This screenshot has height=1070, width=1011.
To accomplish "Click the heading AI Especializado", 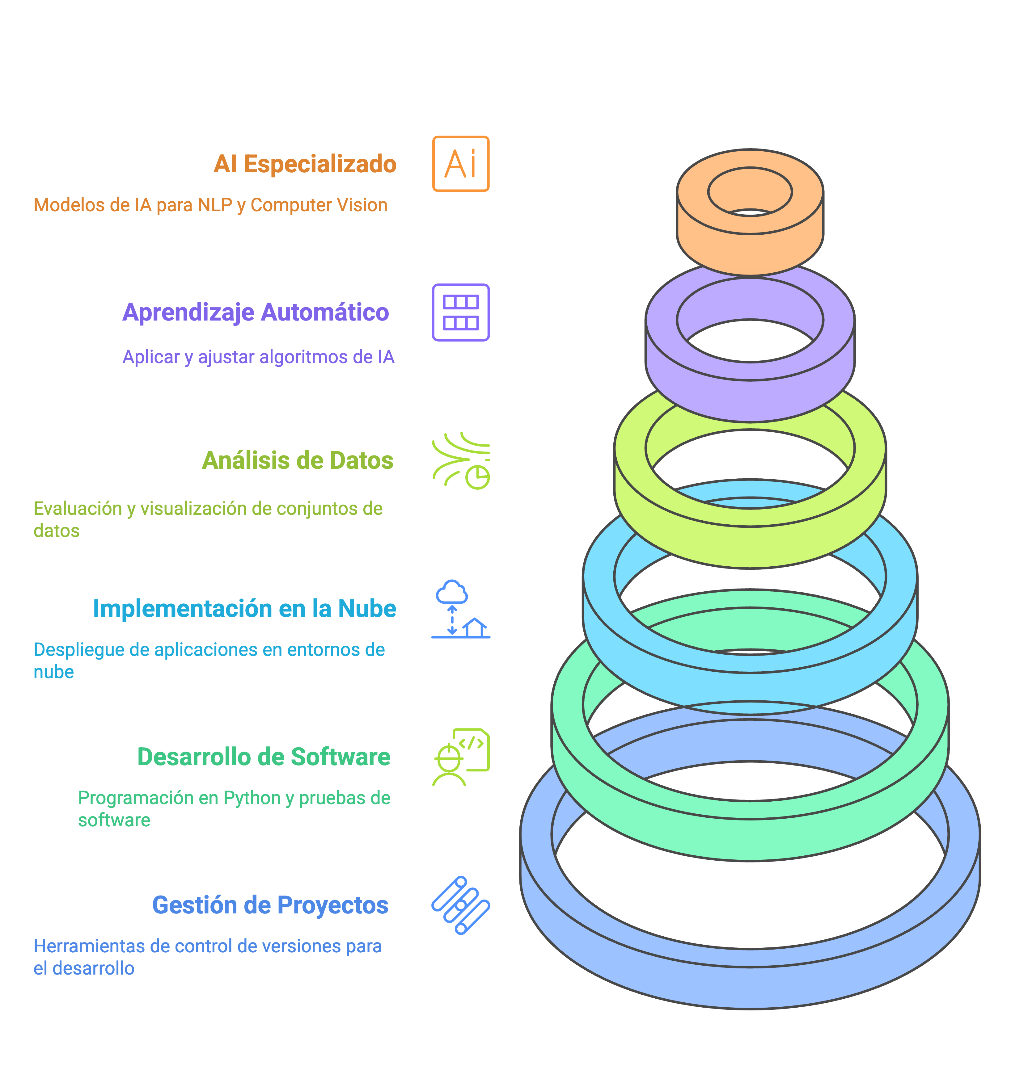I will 305,164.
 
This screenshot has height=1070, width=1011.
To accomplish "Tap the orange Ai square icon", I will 461,164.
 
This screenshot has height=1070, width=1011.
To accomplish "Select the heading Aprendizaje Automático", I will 256,312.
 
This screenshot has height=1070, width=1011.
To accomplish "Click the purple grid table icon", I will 461,312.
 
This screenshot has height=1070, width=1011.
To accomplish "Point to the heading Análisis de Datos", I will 298,460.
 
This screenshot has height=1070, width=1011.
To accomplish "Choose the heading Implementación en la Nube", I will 245,609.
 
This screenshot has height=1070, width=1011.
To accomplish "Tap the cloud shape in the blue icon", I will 452,592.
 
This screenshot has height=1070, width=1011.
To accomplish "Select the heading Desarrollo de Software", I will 264,757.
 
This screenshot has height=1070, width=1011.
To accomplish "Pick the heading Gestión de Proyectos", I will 270,905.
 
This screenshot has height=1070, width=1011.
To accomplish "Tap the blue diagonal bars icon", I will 461,905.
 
